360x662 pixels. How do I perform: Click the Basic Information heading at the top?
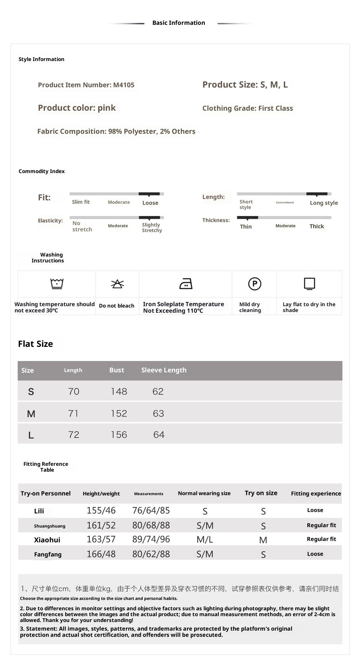tap(179, 23)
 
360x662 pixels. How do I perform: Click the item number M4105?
tap(124, 85)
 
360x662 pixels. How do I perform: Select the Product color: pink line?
tap(77, 108)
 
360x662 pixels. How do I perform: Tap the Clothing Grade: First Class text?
tap(248, 108)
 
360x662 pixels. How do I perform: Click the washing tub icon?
tap(57, 284)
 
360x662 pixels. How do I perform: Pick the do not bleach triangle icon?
tap(117, 284)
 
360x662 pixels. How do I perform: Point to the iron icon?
tap(186, 284)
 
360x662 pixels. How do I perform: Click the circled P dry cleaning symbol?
tap(254, 284)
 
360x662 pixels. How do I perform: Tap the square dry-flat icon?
tap(309, 284)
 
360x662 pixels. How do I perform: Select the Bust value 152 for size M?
tap(119, 413)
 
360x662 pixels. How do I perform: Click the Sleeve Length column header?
tap(164, 370)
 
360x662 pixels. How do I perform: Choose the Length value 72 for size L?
tap(73, 435)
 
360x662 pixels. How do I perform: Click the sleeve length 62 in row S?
tap(158, 392)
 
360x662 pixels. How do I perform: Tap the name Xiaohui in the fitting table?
tap(47, 540)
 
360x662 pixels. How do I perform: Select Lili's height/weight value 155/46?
tap(101, 511)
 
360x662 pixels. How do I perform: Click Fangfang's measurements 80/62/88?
tap(151, 554)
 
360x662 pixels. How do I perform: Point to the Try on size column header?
tap(261, 493)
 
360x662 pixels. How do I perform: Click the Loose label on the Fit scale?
tap(150, 203)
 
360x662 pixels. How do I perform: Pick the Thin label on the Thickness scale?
tap(246, 227)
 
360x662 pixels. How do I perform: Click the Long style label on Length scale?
tap(324, 203)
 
